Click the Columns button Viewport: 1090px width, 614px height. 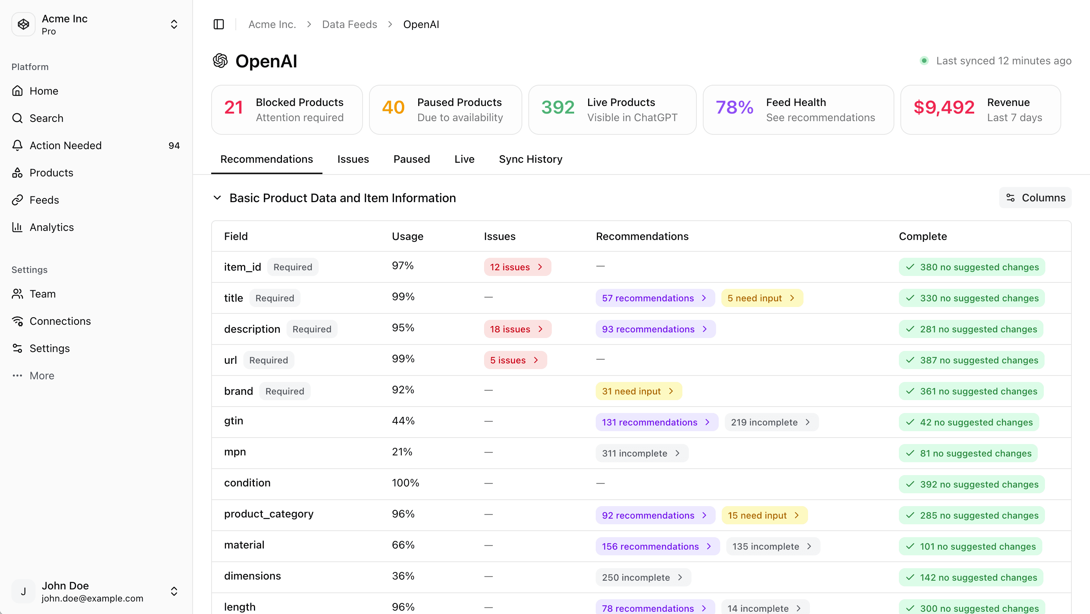1035,198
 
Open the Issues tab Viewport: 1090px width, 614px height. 353,159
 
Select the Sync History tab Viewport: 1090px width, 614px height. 530,159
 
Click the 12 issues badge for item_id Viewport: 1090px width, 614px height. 517,267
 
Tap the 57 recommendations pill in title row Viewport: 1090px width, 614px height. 654,298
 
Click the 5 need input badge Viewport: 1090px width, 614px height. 761,298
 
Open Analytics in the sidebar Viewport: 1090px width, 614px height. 51,227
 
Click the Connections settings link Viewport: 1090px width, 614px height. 60,321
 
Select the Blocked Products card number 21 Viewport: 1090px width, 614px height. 234,108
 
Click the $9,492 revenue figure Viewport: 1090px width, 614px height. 944,108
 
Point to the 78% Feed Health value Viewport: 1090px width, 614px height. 734,108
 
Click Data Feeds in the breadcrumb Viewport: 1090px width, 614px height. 349,25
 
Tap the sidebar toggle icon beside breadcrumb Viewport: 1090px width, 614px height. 219,25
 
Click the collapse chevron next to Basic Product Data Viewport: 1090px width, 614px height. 217,198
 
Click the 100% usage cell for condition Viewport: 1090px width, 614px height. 405,483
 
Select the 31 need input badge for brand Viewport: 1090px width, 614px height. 638,391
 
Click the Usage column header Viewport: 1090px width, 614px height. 407,236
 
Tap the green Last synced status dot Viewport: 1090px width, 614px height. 924,61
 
